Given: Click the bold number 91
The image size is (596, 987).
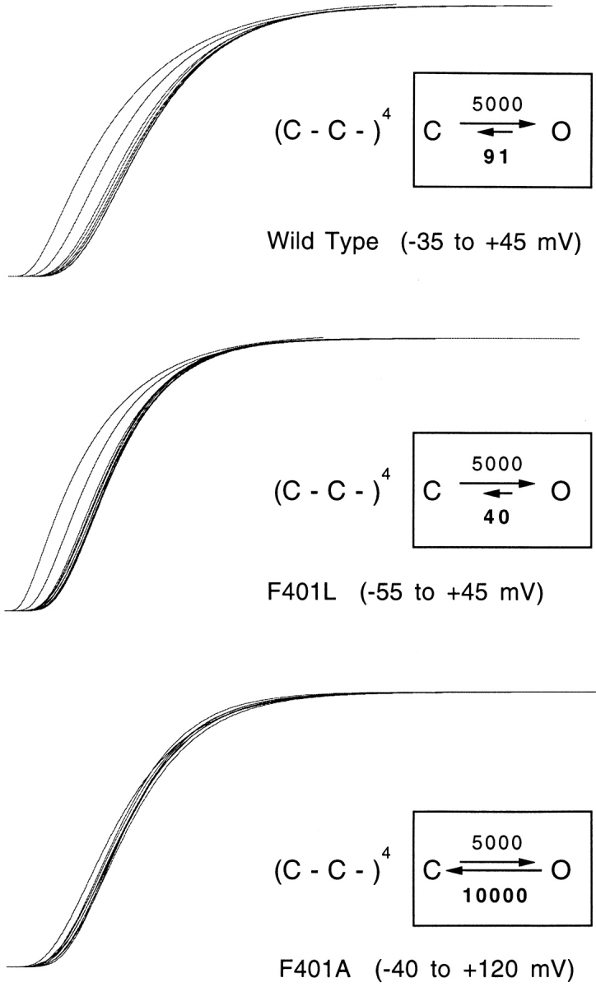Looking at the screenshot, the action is coord(496,157).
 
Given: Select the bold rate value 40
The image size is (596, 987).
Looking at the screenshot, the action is coord(496,517).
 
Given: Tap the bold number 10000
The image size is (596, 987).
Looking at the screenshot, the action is coord(496,896).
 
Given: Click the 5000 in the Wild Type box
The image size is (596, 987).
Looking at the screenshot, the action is coord(497,104).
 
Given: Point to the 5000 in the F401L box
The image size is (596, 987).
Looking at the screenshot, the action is coord(497,464).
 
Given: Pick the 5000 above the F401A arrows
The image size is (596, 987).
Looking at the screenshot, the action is coord(497,843).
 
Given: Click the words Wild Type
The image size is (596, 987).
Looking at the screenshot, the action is coord(323,242).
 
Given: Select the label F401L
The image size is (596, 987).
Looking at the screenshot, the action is coord(302,592).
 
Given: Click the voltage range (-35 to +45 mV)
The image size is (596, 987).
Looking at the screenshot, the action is coord(491,243).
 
